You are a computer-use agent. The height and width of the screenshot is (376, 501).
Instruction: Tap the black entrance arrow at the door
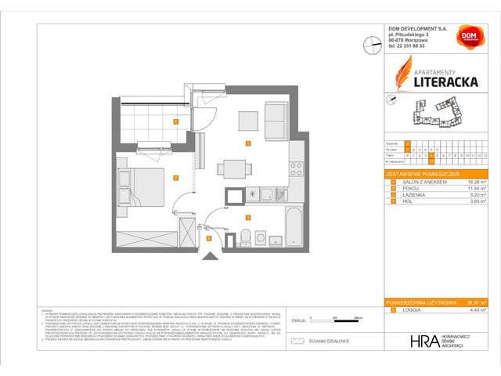[208, 255]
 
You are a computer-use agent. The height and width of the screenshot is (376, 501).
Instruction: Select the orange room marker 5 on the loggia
[176, 121]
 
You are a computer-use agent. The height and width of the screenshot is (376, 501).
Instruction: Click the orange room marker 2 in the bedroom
[176, 178]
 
